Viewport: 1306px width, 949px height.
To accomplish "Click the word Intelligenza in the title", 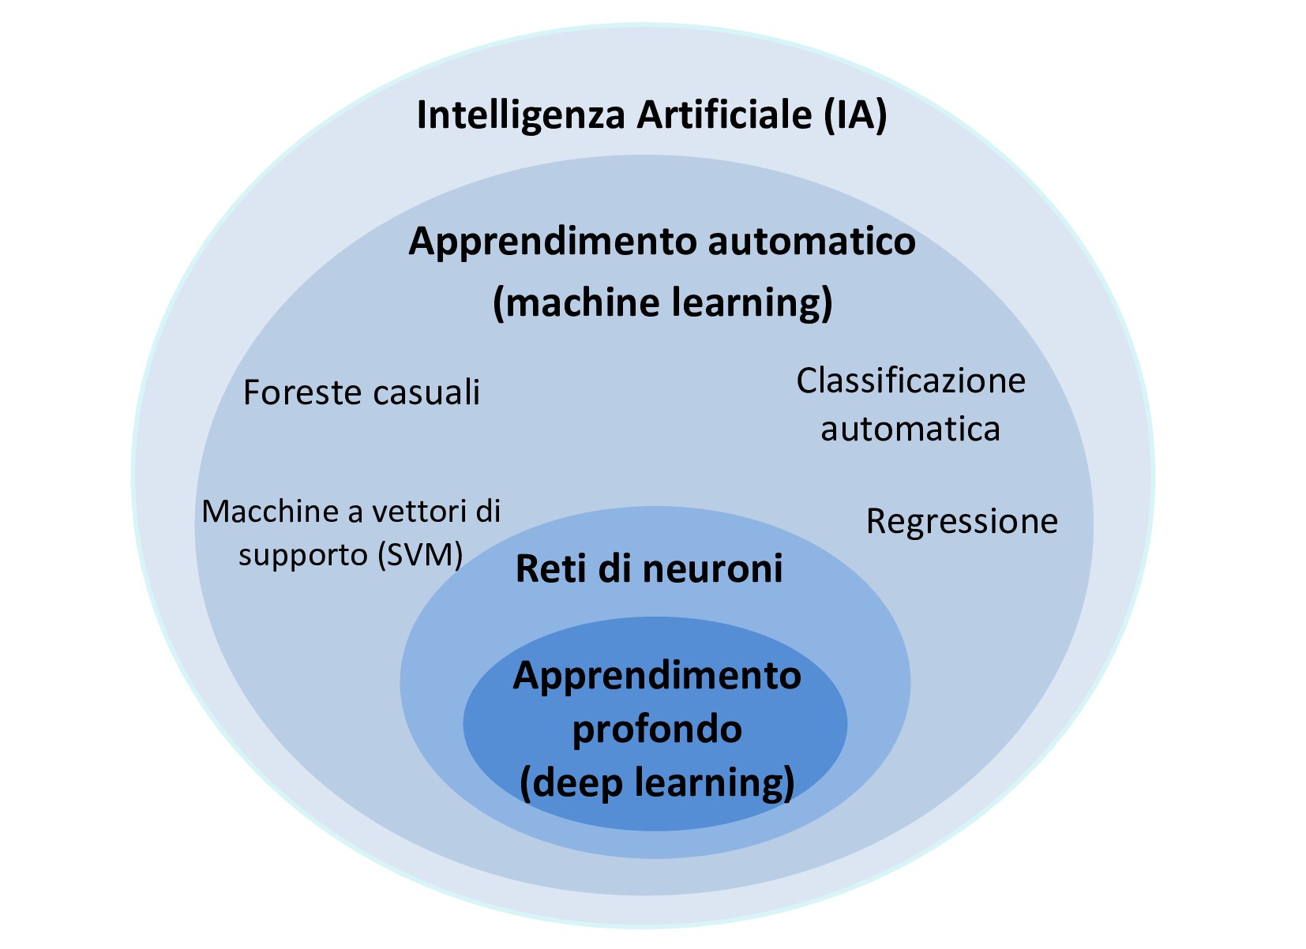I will (x=521, y=116).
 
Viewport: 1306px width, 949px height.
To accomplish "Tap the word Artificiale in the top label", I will (x=724, y=116).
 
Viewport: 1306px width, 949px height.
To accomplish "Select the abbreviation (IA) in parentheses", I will (x=855, y=116).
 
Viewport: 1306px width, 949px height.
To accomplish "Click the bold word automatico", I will (x=812, y=241).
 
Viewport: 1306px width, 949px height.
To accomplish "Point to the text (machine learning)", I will (x=662, y=302).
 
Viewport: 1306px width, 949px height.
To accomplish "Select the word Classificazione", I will (x=910, y=381).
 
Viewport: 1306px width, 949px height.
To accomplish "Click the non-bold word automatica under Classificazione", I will (x=910, y=429).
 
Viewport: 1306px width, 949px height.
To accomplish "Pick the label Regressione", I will (x=962, y=522).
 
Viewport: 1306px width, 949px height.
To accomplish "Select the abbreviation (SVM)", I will (x=420, y=555).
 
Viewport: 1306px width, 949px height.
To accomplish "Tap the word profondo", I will (x=657, y=729).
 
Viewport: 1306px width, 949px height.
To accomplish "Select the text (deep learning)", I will (x=657, y=782).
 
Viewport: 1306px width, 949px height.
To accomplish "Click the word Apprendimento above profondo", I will (x=657, y=676).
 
